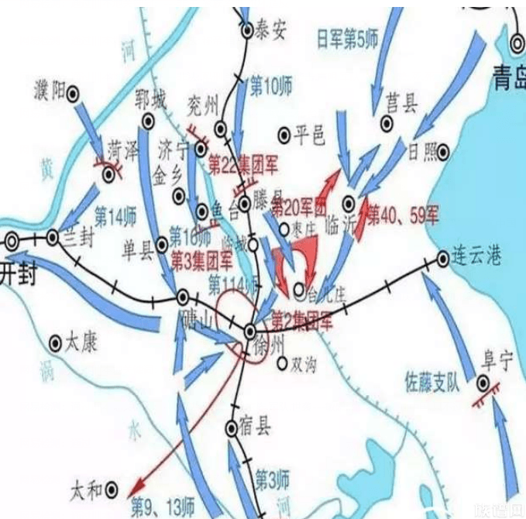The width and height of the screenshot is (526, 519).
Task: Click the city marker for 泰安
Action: (x=247, y=31)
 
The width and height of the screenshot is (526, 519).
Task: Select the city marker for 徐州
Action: (x=249, y=331)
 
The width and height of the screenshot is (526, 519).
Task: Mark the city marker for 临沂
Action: (x=349, y=203)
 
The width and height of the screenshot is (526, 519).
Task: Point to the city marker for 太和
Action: (x=112, y=488)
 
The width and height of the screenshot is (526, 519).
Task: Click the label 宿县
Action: (x=259, y=427)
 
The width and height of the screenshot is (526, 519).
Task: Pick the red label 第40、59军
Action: (x=402, y=215)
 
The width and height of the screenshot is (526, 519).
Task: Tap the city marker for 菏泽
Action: (x=109, y=174)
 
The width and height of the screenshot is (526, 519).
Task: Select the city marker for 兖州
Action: (x=222, y=129)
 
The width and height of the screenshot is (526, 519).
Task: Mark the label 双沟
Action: (x=304, y=363)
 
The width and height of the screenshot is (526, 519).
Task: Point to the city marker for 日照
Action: (x=442, y=153)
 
